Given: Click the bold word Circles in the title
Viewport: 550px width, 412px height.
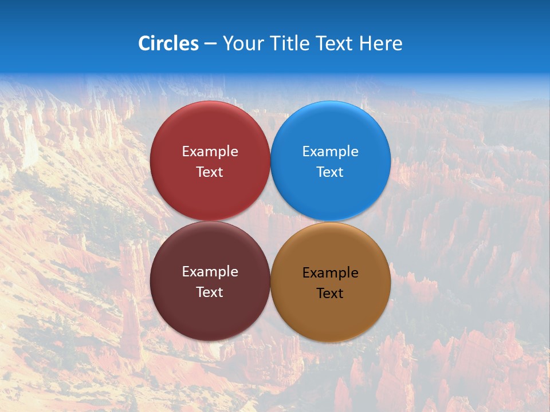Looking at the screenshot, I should (168, 43).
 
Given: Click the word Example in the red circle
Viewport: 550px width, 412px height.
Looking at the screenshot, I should (210, 152).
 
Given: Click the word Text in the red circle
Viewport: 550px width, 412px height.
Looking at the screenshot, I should (210, 172).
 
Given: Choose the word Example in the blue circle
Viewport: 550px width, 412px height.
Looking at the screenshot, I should (330, 152).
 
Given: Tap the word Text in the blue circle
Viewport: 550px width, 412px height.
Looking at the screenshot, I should (330, 172).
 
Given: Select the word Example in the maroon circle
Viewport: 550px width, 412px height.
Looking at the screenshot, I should (210, 272).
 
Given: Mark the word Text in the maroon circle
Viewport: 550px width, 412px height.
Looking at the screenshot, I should (210, 292).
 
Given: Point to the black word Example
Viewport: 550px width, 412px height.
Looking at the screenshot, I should (330, 273).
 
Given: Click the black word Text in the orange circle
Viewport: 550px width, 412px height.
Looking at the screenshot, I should (330, 294).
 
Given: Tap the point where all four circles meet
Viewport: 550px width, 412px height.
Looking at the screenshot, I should (270, 221).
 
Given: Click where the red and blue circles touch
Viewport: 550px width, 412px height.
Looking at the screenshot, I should (270, 161).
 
